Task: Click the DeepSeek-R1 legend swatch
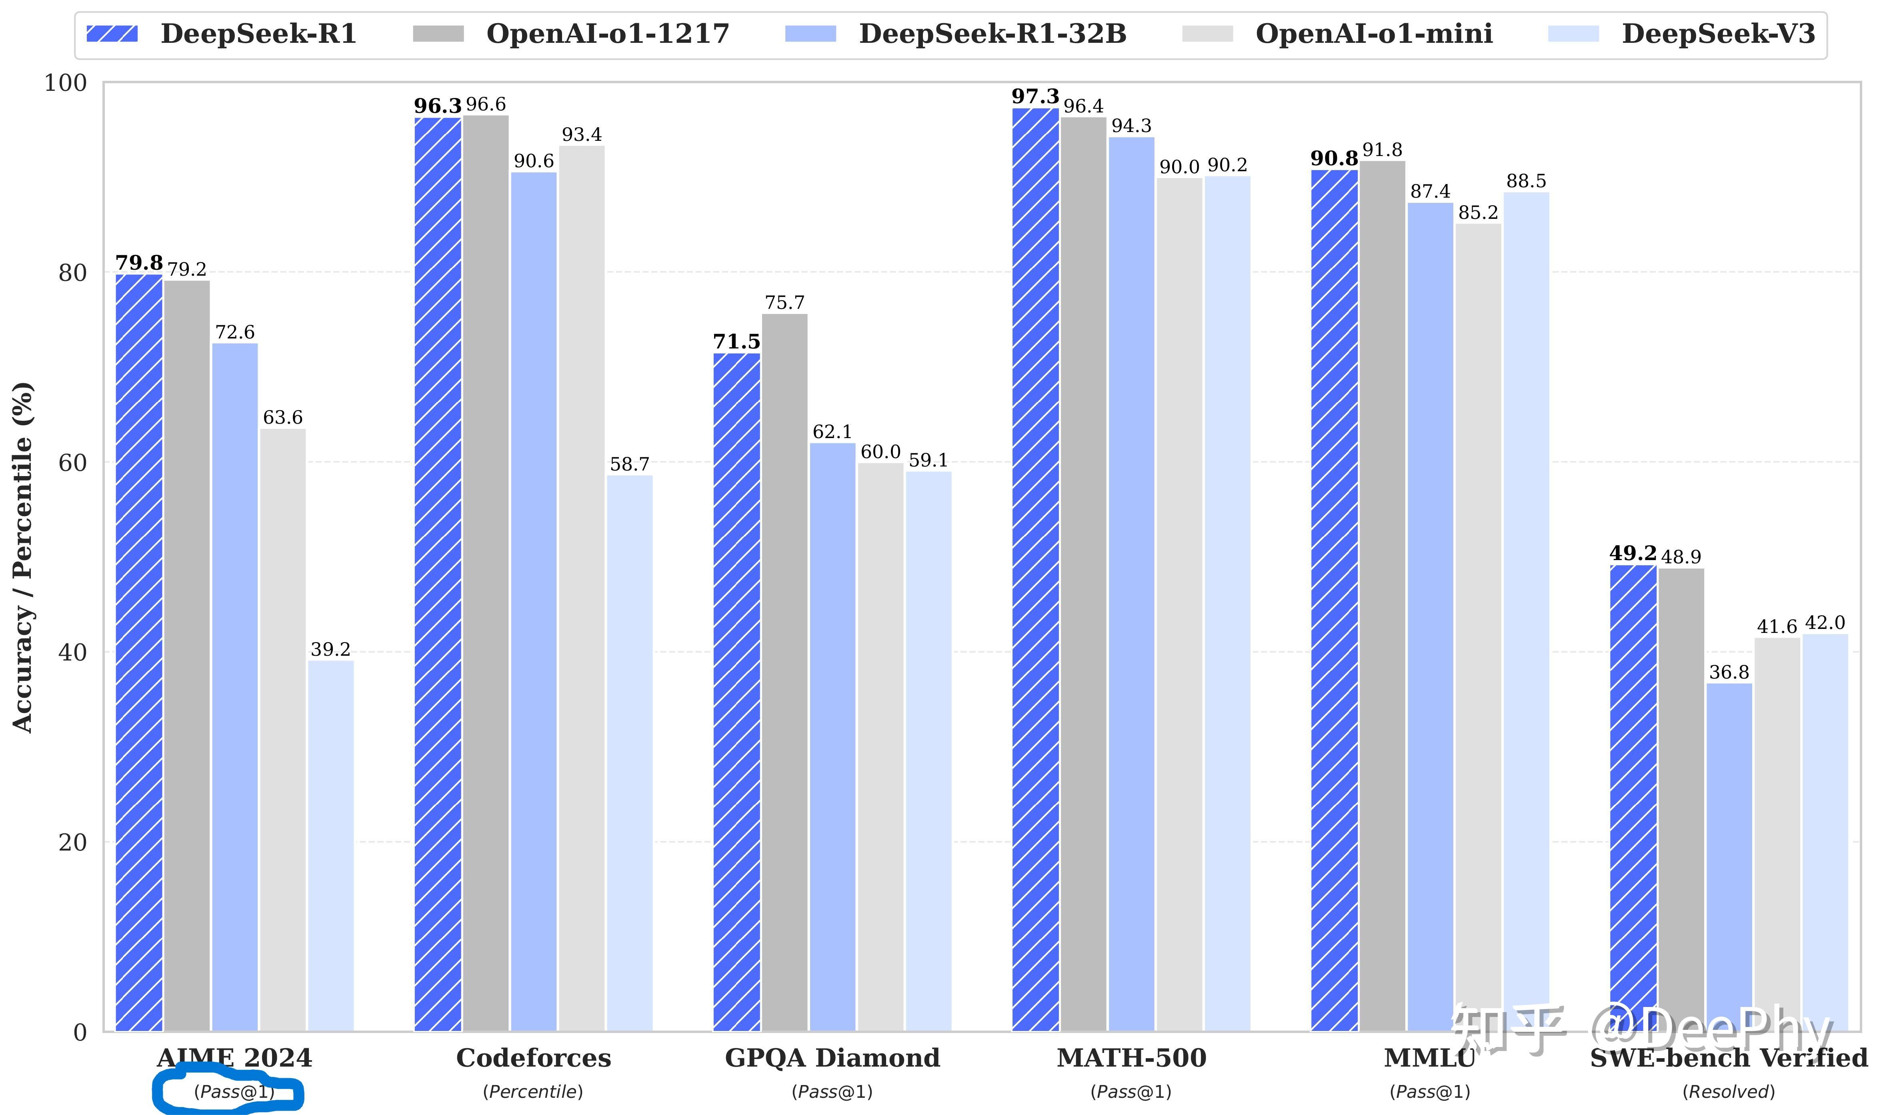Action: tap(112, 34)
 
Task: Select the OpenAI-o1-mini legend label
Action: tap(1374, 34)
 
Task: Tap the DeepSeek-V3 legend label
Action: tap(1719, 34)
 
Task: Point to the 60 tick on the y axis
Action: tap(73, 463)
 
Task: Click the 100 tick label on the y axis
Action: tap(66, 83)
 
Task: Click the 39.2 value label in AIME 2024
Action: tap(330, 649)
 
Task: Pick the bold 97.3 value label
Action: tap(1035, 97)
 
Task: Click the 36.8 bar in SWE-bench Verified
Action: tap(1729, 857)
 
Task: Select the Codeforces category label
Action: tap(533, 1058)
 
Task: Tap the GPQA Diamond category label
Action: tap(832, 1058)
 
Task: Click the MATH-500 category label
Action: tap(1131, 1058)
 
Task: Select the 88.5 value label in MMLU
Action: tap(1527, 181)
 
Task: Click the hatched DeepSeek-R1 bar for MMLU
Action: tap(1334, 601)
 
